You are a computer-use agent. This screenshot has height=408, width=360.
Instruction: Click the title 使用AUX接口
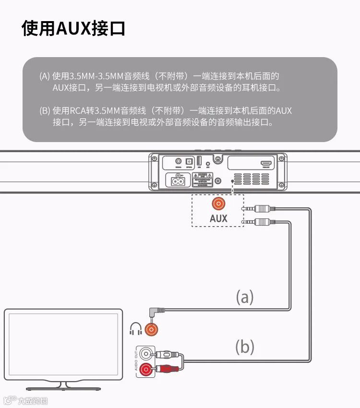(x=73, y=29)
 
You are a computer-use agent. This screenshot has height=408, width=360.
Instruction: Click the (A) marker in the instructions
(x=45, y=76)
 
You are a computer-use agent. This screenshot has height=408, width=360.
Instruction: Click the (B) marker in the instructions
(x=45, y=111)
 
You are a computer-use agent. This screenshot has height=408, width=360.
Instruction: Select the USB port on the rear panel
(x=198, y=163)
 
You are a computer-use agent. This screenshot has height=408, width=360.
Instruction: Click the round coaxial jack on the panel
(x=179, y=163)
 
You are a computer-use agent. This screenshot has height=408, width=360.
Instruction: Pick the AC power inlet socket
(x=178, y=180)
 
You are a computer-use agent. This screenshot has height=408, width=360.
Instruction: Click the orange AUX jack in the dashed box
(x=218, y=204)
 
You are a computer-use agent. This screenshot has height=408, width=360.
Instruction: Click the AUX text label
(x=218, y=218)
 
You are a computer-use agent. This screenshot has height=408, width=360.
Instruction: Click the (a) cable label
(x=244, y=298)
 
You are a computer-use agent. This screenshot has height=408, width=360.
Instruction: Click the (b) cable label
(x=244, y=346)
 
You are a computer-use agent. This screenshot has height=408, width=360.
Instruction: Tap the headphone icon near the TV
(x=136, y=329)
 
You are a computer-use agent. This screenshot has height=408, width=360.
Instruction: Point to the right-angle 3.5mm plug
(x=157, y=315)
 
